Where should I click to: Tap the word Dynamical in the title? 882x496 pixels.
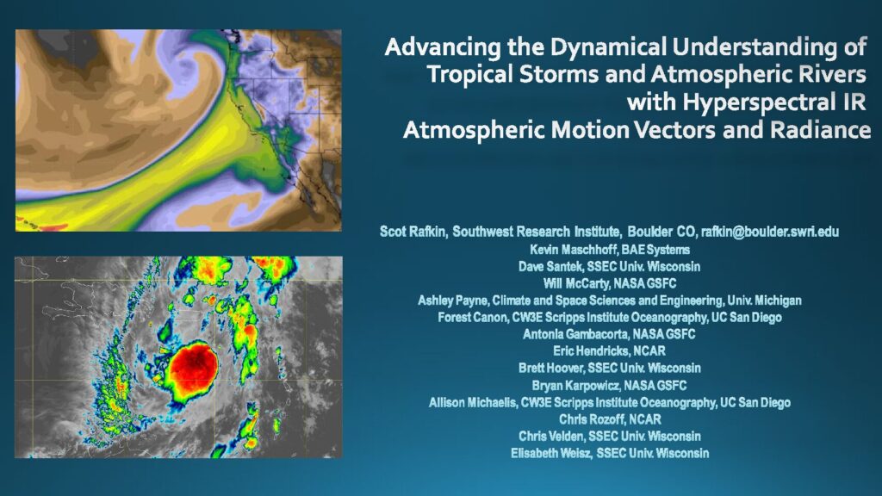[x=608, y=47]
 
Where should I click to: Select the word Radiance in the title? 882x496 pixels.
[x=821, y=130]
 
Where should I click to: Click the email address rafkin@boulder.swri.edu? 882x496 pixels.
[x=769, y=232]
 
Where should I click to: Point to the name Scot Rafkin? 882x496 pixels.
[x=413, y=232]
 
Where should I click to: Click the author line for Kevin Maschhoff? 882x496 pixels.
[x=610, y=250]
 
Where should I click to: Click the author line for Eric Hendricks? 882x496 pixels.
[x=609, y=351]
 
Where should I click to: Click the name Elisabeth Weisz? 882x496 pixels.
[x=551, y=453]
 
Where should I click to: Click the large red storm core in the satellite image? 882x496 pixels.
[x=193, y=367]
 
